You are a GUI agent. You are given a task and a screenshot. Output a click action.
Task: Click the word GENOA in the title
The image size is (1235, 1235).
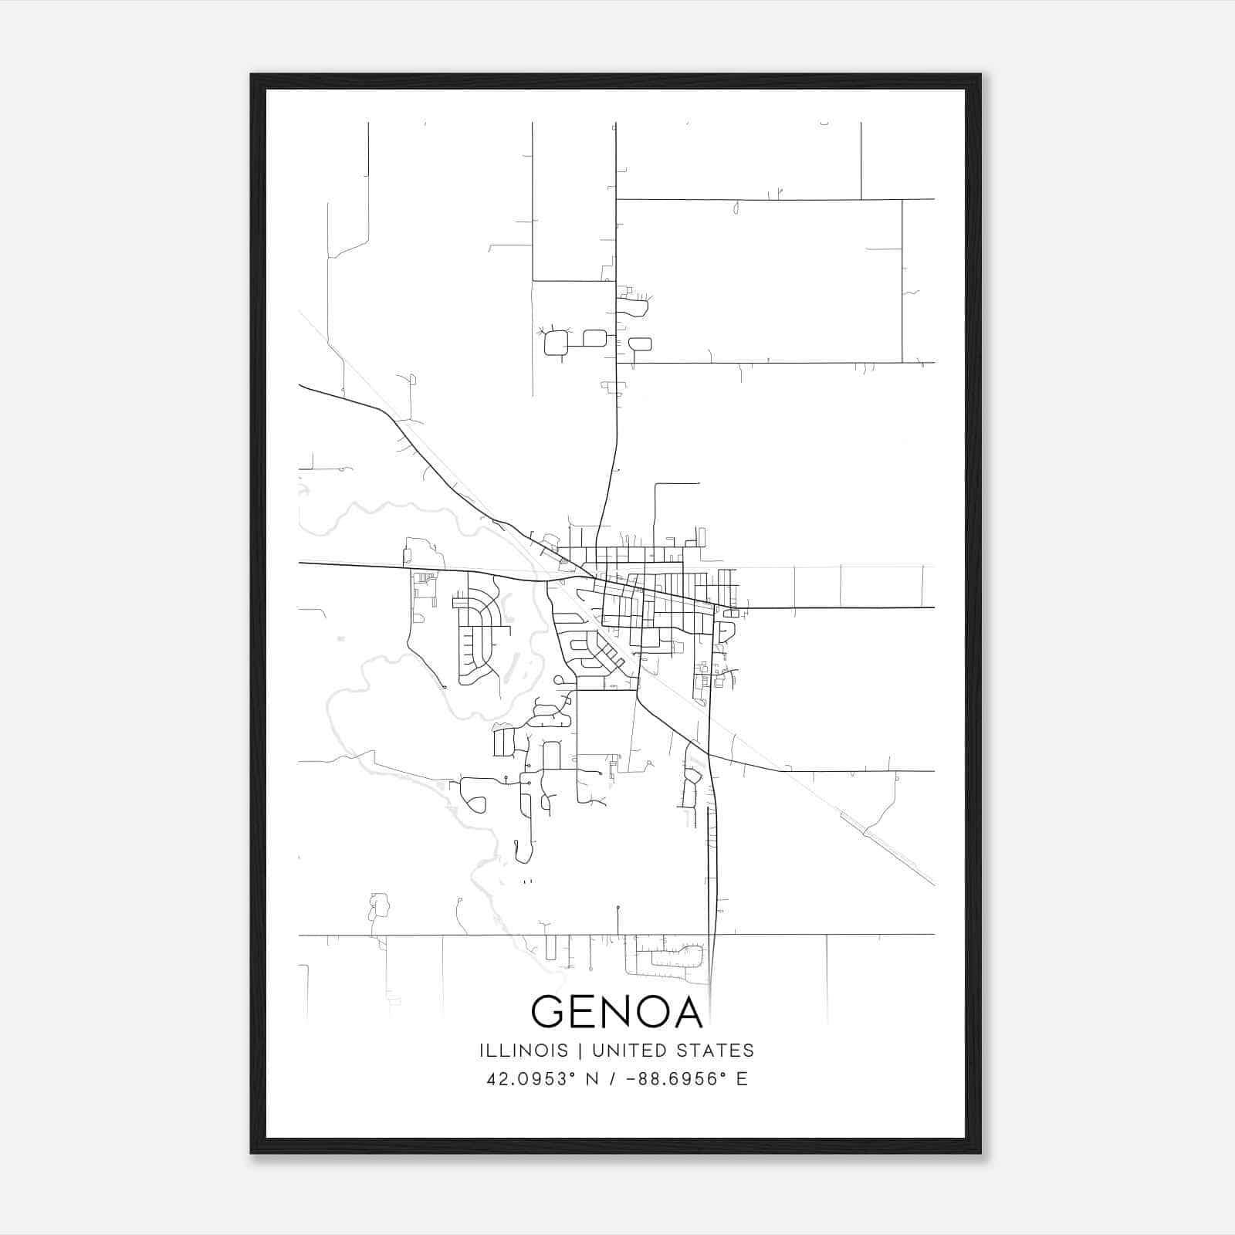pos(617,1012)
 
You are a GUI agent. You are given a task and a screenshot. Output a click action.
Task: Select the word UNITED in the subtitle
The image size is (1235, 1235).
pos(631,1051)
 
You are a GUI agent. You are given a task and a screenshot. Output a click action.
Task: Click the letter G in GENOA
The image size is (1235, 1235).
pos(549,1012)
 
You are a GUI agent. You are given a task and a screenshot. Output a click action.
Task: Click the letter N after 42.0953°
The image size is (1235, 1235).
pos(592,1079)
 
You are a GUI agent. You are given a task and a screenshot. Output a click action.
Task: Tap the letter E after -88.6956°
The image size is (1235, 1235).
pos(743,1079)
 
